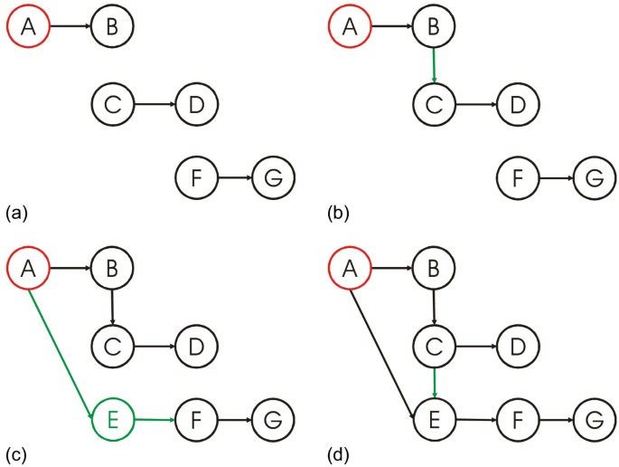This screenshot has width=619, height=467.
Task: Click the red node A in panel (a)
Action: pos(29,27)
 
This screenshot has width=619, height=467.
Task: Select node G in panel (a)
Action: pos(274,177)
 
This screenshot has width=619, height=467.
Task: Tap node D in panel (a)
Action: pos(197,104)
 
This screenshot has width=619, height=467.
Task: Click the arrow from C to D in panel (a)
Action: pos(155,104)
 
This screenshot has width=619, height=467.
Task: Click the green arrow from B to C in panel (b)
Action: pos(435,65)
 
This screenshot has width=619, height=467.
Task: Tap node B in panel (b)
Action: pos(434,27)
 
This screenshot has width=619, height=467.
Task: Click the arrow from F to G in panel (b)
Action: pos(557,177)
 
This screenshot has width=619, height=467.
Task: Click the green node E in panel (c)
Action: pos(113,419)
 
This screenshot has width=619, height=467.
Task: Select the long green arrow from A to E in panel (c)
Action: pos(62,348)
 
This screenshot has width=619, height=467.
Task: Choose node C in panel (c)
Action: pos(113,345)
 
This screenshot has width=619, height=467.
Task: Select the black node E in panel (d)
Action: pos(435,419)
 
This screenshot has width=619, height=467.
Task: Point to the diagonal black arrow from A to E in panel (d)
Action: pos(383,348)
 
